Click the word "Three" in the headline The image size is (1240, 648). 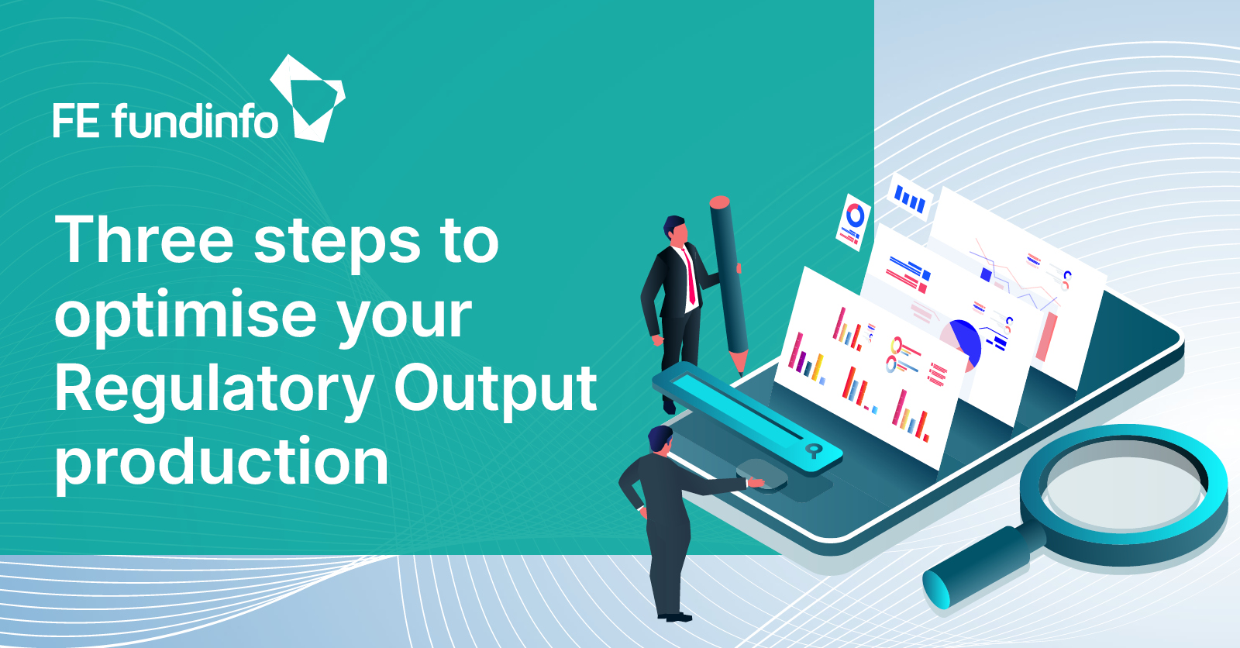(x=144, y=240)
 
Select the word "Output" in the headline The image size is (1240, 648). (x=495, y=391)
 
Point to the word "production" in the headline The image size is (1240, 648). (x=222, y=464)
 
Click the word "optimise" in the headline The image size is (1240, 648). (x=185, y=315)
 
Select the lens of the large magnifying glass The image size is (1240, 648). (x=1124, y=492)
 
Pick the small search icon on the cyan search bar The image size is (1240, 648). (x=813, y=450)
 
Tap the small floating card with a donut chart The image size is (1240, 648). (x=853, y=222)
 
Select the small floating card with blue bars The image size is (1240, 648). (x=910, y=198)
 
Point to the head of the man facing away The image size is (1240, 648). (x=660, y=440)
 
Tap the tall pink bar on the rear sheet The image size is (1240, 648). (x=1046, y=336)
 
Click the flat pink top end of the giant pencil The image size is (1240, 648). (x=720, y=202)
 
